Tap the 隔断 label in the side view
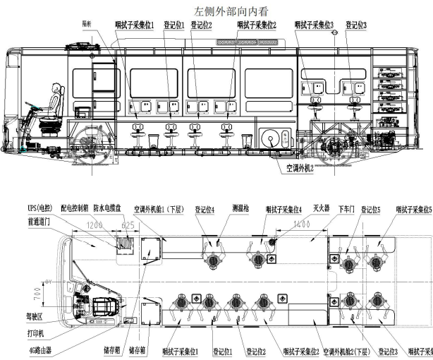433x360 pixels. (x=88, y=24)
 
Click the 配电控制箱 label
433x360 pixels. (x=77, y=210)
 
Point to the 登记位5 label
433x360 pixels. (x=371, y=210)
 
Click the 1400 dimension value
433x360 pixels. (x=303, y=224)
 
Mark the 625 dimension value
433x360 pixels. (x=128, y=225)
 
